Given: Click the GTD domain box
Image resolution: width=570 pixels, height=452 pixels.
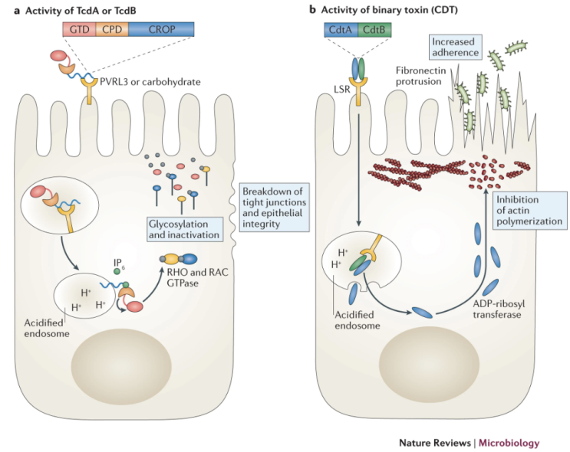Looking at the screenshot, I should (77, 29).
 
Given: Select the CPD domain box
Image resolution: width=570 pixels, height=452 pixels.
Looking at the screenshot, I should (110, 29).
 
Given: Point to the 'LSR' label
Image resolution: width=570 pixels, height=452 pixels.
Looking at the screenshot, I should (331, 90).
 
